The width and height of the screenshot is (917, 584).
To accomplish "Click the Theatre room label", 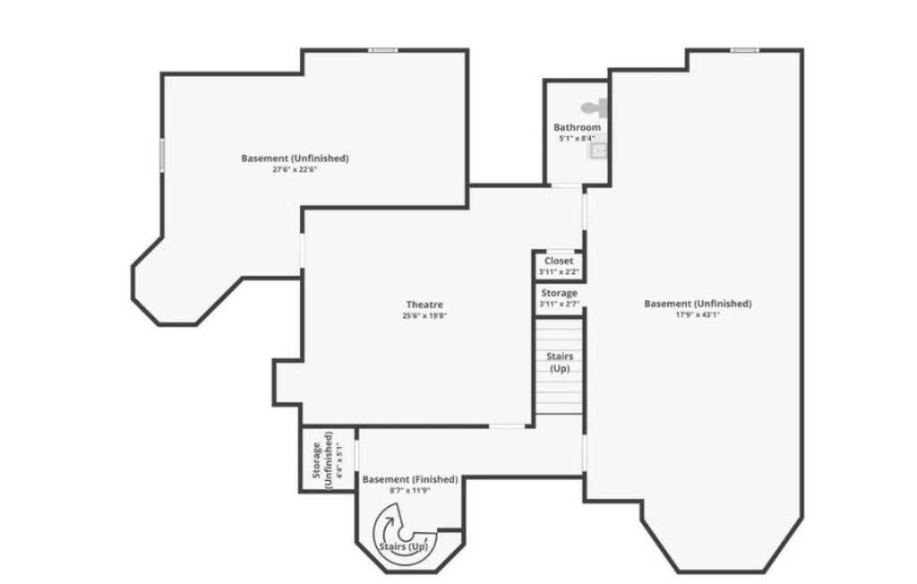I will click(x=424, y=305).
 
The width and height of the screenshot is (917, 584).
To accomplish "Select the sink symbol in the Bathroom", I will click(x=597, y=151).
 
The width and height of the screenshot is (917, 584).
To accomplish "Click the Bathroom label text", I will click(x=577, y=128).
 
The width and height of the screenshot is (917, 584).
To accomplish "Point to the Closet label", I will click(x=559, y=261).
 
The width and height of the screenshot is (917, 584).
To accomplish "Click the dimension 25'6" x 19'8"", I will click(x=424, y=315).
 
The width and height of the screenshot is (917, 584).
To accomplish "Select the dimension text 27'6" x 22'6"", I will click(x=295, y=169).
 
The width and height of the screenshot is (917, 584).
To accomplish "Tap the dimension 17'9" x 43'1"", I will click(x=698, y=314).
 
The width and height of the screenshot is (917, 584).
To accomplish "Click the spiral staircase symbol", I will click(x=394, y=528).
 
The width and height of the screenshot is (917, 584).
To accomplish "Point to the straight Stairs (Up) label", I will click(x=560, y=363).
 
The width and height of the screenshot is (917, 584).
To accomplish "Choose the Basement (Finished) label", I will click(x=409, y=480).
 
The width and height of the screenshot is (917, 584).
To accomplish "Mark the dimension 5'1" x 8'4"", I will click(x=577, y=138).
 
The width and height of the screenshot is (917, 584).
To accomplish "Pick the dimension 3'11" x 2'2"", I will click(x=559, y=271).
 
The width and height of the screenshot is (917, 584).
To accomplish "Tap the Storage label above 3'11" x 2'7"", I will click(x=560, y=293).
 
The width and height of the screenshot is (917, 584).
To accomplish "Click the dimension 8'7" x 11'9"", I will click(x=409, y=491).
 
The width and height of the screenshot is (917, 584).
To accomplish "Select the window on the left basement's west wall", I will click(x=162, y=152).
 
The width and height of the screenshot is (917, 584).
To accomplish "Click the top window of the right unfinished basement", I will click(x=743, y=50).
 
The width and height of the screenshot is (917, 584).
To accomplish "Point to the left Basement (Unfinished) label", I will click(x=295, y=159).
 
